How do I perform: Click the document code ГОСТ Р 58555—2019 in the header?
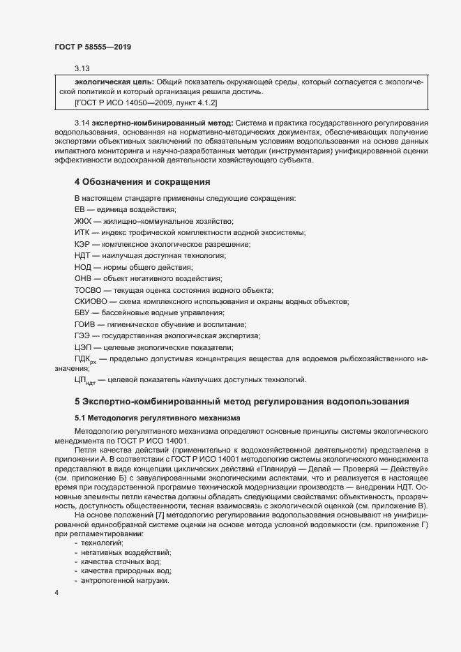point(93,47)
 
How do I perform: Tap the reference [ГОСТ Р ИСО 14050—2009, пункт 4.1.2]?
point(146,103)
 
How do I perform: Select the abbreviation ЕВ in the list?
point(79,210)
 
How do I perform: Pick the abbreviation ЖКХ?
point(82,221)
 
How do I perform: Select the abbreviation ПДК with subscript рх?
point(85,359)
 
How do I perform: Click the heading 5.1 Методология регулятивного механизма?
point(157,418)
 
